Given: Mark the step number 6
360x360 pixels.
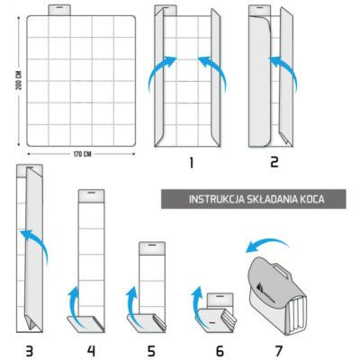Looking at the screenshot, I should pyautogui.click(x=211, y=347).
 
